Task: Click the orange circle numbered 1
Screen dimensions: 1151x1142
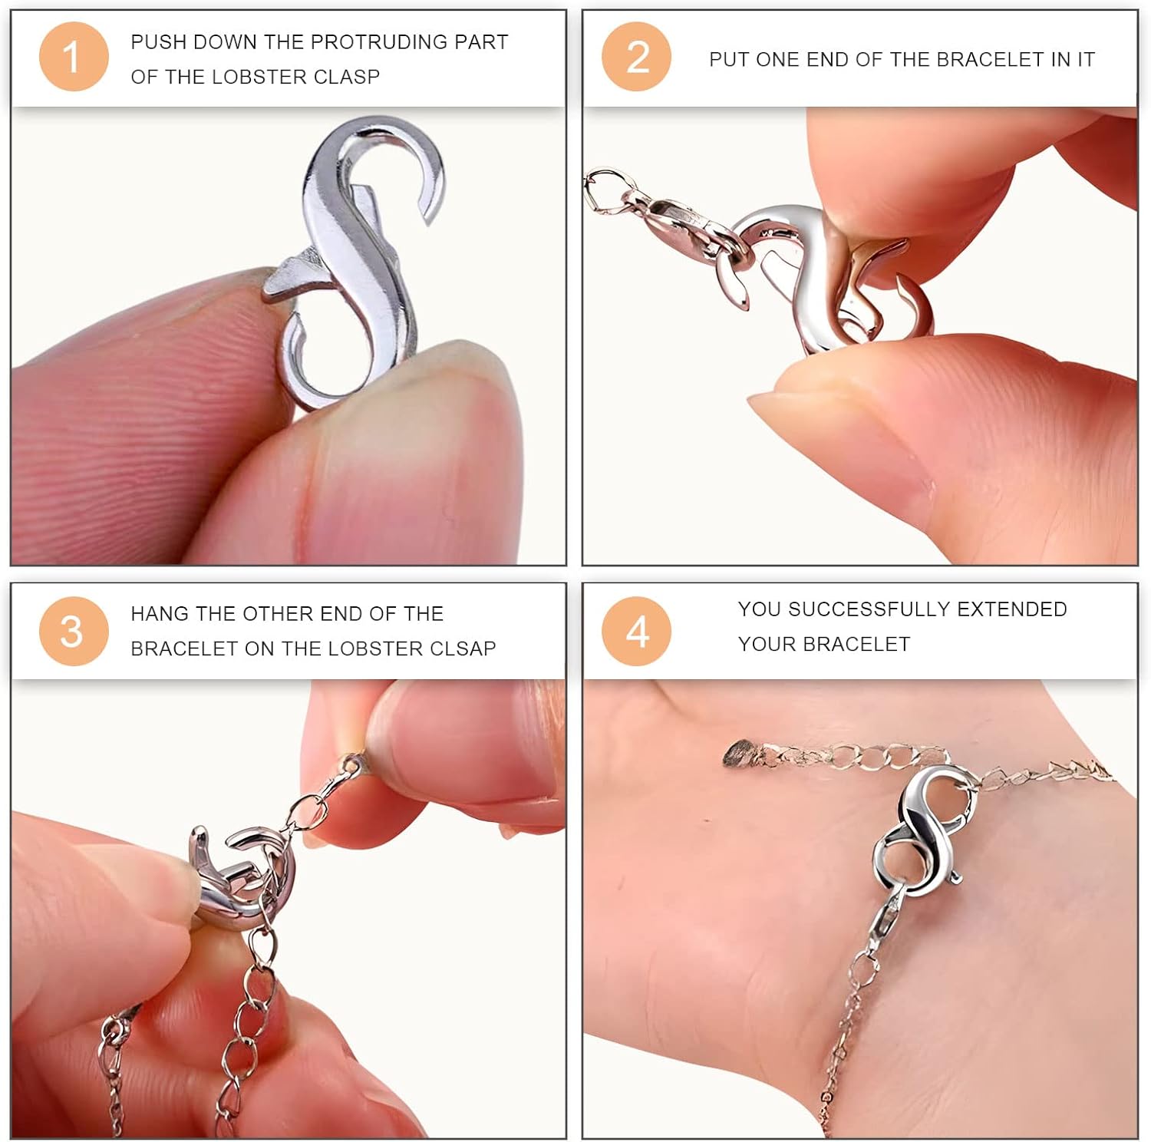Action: click(x=74, y=57)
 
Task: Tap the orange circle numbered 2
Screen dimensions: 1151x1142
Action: click(x=636, y=57)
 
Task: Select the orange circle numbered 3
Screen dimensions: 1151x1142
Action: click(x=74, y=631)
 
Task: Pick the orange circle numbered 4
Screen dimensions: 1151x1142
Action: click(x=636, y=631)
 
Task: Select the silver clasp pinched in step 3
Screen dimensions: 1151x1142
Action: click(x=242, y=875)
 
